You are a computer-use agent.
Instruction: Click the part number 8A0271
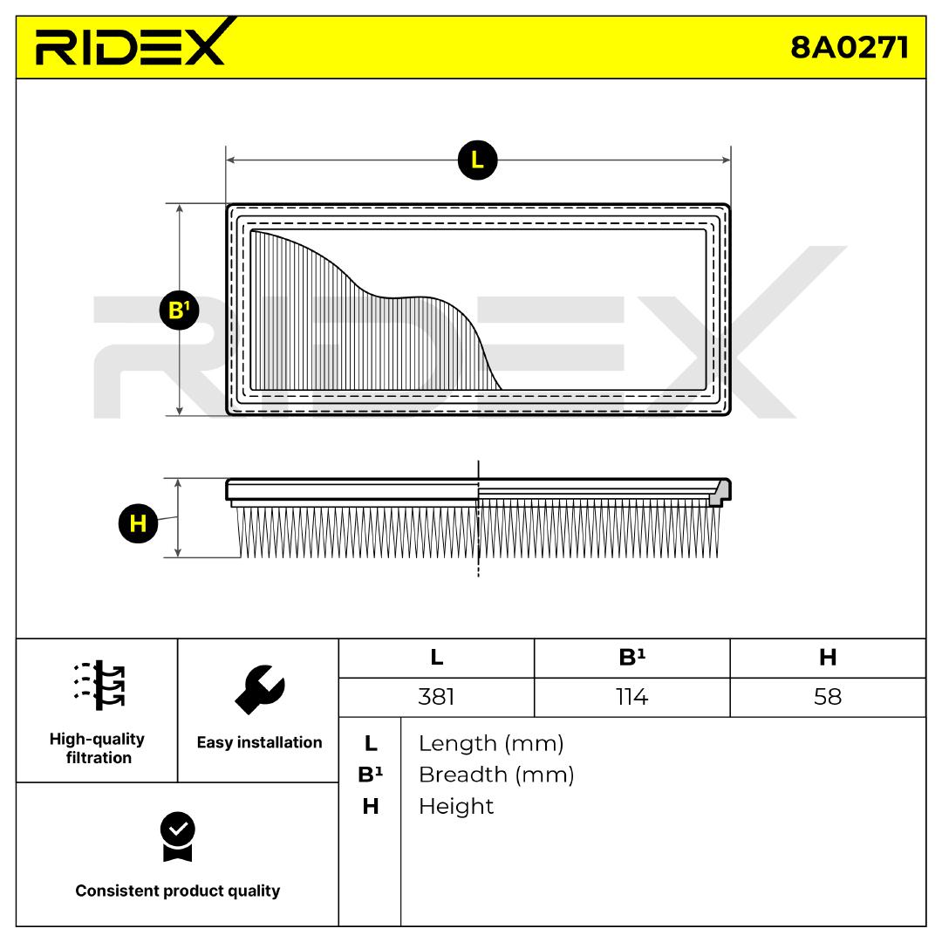pos(849,47)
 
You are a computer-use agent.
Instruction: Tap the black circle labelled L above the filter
pos(476,160)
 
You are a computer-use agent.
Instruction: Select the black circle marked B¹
pos(180,310)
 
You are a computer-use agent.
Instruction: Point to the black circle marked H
pos(138,523)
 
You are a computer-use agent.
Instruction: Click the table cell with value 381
pos(436,698)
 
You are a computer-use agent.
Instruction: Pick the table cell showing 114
pos(631,698)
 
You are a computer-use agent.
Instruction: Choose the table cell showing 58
pos(827,698)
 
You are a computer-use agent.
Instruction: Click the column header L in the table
pos(436,658)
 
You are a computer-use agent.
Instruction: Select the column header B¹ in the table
pos(631,658)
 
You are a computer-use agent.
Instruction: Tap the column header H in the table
pos(827,658)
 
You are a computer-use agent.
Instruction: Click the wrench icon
pos(259,688)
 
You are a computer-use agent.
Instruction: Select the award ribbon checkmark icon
pos(178,836)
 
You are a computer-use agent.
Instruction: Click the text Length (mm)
pos(491,744)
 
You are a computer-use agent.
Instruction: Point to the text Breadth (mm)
pos(496,775)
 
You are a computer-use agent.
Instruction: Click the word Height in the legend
pos(456,806)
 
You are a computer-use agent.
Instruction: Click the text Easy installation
pos(259,742)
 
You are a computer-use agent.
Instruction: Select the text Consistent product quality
pos(178,891)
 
